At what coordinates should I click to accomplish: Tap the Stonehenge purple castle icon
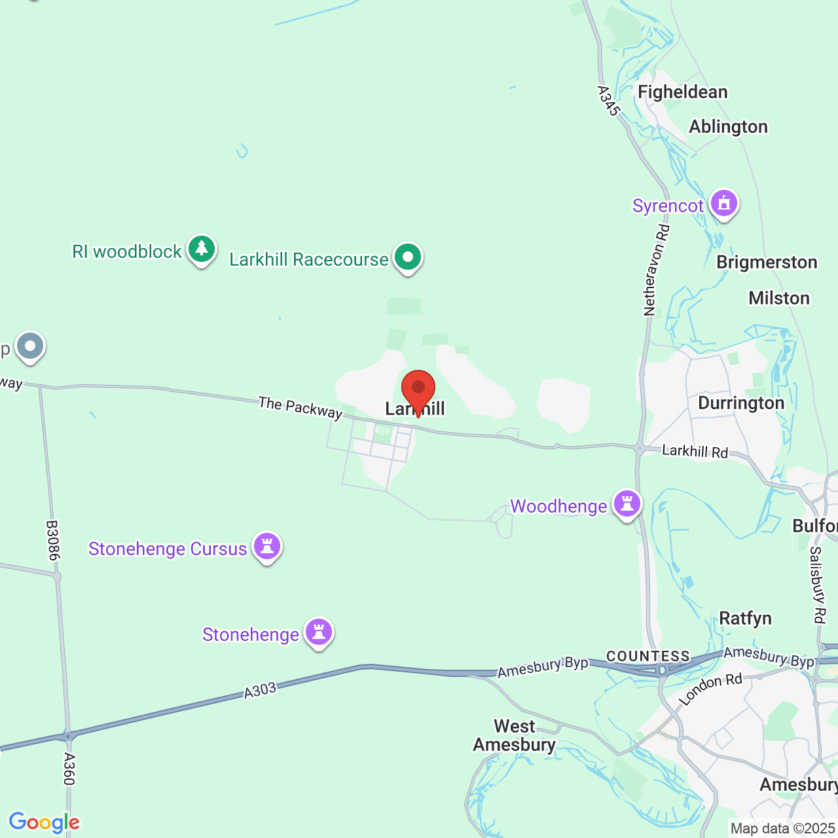coord(319,632)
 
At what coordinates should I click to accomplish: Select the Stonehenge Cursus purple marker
coord(267,546)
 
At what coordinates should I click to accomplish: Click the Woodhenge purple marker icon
coord(627,503)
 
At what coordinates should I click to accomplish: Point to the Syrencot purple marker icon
coord(723,203)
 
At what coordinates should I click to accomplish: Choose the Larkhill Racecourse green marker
coord(408,257)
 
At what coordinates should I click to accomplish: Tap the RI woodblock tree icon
coord(202,249)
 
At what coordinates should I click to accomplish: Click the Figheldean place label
coord(682,92)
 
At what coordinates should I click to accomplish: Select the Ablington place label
coord(728,126)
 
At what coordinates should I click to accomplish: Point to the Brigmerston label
coord(767,262)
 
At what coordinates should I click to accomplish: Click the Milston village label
coord(779,298)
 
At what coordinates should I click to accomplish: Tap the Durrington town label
coord(741,403)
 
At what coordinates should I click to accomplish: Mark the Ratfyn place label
coord(745,618)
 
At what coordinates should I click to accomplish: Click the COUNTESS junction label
coord(648,656)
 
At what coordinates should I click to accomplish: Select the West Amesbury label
coord(515,735)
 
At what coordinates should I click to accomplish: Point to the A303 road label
coord(260,690)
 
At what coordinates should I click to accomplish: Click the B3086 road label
coord(53,540)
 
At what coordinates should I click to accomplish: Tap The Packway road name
coord(301,407)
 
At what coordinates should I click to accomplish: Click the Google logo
coord(45,822)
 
